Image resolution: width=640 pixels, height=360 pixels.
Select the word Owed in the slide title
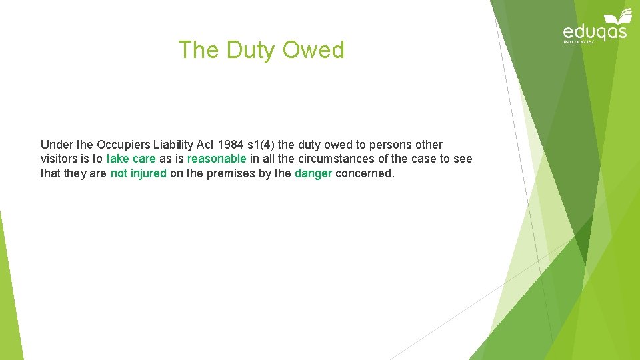pos(313,51)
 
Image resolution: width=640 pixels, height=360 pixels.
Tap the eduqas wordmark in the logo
pos(595,31)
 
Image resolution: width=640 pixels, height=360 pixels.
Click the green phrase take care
pos(131,159)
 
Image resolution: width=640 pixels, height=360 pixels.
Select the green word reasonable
pos(217,159)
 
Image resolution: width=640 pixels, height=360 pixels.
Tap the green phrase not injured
pos(139,174)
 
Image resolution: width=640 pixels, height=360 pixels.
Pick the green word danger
pos(313,174)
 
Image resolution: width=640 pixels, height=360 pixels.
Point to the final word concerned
pos(365,174)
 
